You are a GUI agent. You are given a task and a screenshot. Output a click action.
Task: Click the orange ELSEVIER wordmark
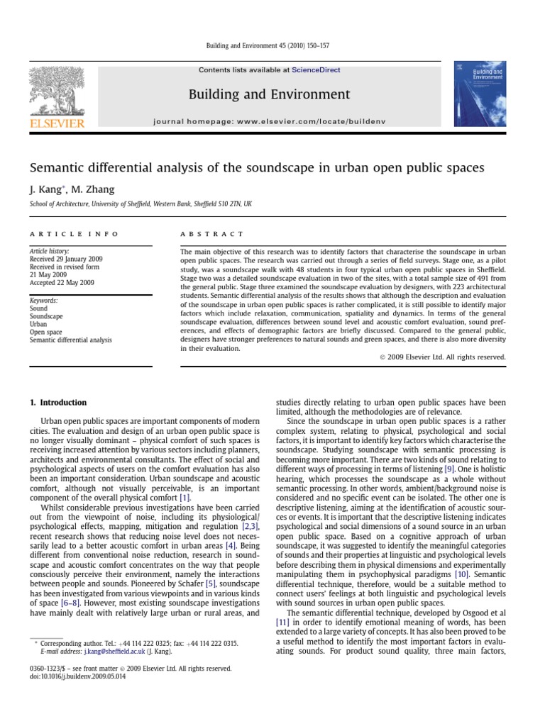point(56,123)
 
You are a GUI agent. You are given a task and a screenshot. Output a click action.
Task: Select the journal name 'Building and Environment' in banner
point(269,94)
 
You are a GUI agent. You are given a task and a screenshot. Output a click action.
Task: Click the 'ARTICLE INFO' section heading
point(75,233)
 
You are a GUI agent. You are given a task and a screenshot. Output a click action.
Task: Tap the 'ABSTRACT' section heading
point(211,233)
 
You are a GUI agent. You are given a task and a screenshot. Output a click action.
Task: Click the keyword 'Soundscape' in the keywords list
point(47,316)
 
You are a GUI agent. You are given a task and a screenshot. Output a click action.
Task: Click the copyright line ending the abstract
point(439,357)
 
